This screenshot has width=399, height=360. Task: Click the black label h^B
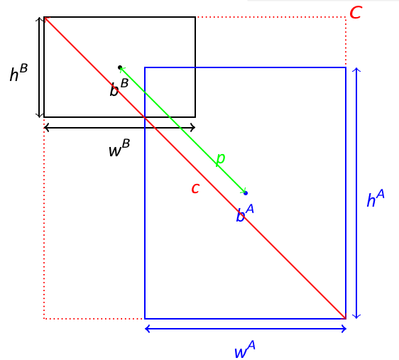(18, 72)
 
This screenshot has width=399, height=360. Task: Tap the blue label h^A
(376, 198)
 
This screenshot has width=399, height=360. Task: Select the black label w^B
(119, 148)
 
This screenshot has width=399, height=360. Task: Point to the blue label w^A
(244, 349)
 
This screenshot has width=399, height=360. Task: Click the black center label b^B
(119, 87)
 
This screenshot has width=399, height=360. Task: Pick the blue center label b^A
(245, 213)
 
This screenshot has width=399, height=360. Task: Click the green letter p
(220, 160)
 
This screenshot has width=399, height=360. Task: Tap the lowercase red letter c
(195, 189)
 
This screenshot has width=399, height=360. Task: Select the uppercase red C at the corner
(356, 12)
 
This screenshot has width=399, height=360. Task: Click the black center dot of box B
(120, 67)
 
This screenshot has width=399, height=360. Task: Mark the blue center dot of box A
(246, 193)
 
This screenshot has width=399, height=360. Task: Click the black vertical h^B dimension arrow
(39, 67)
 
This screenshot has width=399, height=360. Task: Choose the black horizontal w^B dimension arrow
(119, 127)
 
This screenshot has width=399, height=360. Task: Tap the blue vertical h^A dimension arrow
(356, 193)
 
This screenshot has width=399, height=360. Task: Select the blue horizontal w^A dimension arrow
(246, 329)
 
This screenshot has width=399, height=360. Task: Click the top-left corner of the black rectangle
(44, 17)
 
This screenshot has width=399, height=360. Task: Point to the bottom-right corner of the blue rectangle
(346, 319)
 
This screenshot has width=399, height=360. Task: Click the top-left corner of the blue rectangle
(145, 67)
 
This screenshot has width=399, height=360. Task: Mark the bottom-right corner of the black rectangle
(195, 117)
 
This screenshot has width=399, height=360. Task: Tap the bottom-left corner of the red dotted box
(44, 319)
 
